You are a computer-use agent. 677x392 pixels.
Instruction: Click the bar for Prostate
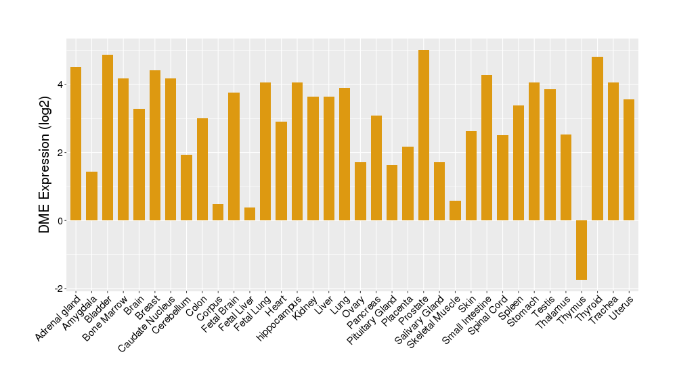click(424, 135)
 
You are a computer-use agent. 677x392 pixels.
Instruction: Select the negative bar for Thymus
click(582, 250)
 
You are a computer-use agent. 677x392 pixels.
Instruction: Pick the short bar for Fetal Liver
click(250, 214)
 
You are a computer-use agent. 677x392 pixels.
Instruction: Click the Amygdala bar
click(91, 196)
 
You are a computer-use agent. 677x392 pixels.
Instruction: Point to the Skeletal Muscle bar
click(455, 211)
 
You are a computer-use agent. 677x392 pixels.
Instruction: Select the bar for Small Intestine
click(487, 148)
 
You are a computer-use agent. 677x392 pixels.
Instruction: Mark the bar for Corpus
click(218, 212)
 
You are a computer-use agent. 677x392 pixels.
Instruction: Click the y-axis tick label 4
click(60, 84)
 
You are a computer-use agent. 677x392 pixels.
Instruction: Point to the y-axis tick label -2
click(58, 289)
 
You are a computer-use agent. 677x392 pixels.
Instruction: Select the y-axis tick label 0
click(60, 221)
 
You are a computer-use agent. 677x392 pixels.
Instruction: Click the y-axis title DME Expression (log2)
click(45, 164)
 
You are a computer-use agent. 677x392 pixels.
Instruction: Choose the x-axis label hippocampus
click(279, 318)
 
